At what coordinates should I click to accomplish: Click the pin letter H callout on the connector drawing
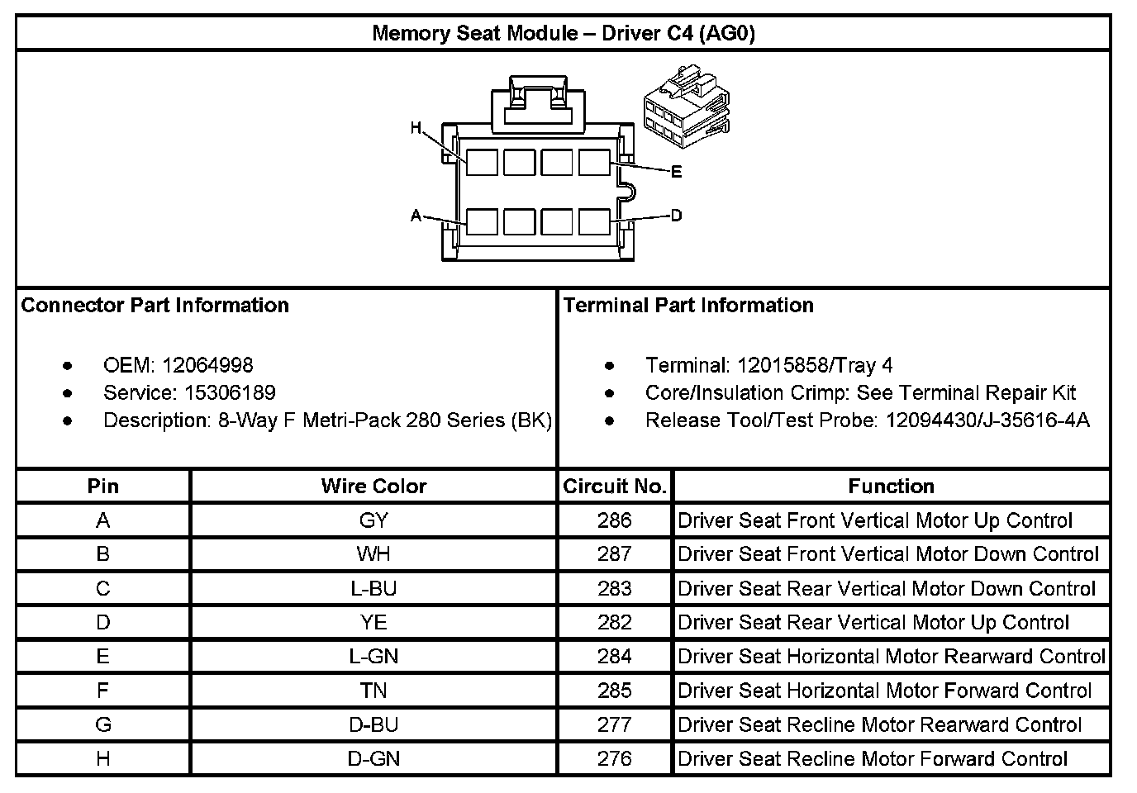tap(416, 128)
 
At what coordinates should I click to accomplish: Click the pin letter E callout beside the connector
tap(677, 172)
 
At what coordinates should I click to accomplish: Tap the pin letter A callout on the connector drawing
tap(416, 216)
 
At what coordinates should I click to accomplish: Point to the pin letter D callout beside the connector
tap(677, 216)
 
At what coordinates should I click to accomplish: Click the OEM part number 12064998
tap(207, 365)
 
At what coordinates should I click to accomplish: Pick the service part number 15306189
tap(230, 392)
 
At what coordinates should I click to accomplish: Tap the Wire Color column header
tap(373, 487)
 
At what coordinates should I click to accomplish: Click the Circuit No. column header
tap(615, 487)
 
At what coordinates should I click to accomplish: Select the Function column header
tap(891, 487)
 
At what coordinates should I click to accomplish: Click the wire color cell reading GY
tap(373, 520)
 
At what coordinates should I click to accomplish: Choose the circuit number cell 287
tap(615, 554)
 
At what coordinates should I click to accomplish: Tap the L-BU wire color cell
tap(373, 588)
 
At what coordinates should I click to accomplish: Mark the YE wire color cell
tap(373, 622)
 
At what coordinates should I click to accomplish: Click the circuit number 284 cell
tap(615, 657)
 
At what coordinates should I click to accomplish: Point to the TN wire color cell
tap(373, 691)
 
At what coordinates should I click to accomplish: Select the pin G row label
tap(103, 724)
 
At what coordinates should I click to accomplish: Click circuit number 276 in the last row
tap(615, 758)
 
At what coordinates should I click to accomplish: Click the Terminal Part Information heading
tap(688, 306)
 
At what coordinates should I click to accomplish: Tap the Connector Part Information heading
tap(155, 306)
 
